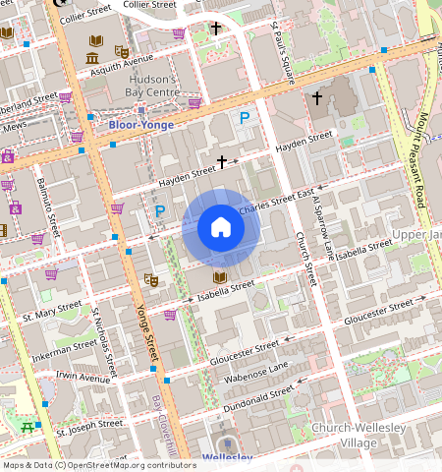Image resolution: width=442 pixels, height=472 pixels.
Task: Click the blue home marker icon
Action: [221, 228]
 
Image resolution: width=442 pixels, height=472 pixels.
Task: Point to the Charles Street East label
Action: [276, 201]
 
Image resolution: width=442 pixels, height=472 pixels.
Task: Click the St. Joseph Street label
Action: [89, 427]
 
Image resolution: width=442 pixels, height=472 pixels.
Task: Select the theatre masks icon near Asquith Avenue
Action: [121, 51]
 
